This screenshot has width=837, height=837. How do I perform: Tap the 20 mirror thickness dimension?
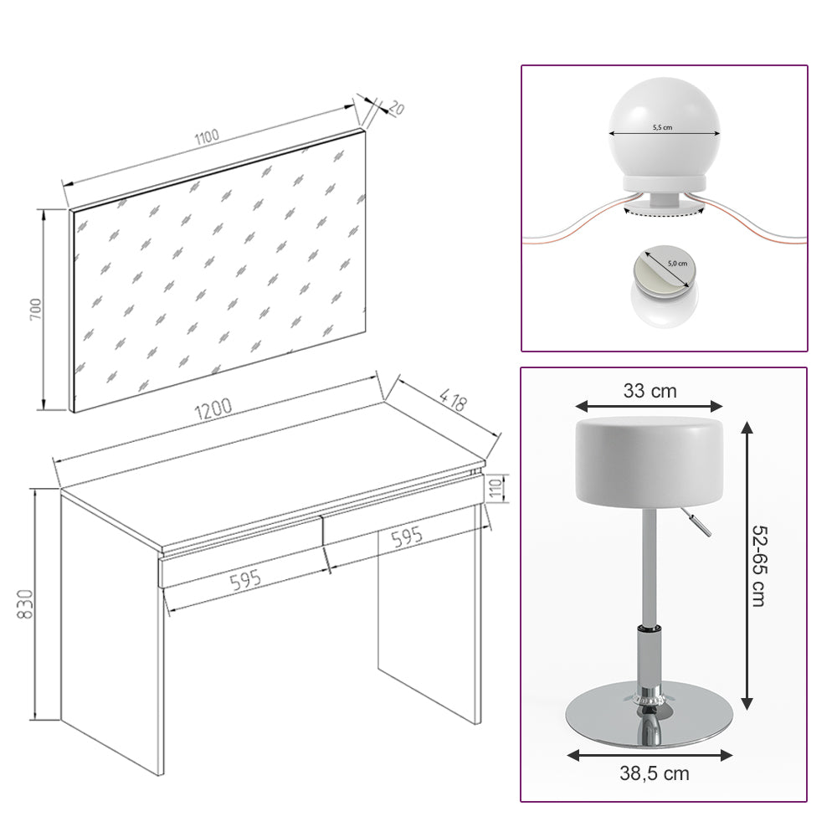click(396, 108)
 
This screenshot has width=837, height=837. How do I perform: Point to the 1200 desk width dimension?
click(213, 409)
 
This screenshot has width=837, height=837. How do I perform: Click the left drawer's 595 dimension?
click(246, 578)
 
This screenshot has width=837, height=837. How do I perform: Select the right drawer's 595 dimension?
click(407, 538)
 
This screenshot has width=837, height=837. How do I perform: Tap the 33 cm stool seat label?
click(650, 390)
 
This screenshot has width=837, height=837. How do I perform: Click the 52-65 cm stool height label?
click(758, 566)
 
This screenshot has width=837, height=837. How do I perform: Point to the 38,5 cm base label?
click(655, 773)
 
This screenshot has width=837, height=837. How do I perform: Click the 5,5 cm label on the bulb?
click(663, 128)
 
